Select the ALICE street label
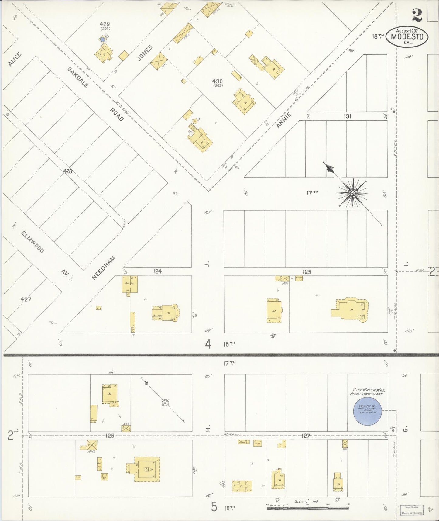(x=15, y=59)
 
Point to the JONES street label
(x=145, y=53)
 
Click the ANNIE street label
(x=284, y=120)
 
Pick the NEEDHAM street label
(x=103, y=267)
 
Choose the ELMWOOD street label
(x=33, y=242)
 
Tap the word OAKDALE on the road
(x=78, y=77)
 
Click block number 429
(x=105, y=24)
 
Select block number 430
(x=218, y=81)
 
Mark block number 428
(x=67, y=171)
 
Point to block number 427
(x=26, y=299)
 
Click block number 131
(x=348, y=116)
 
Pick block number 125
(x=307, y=272)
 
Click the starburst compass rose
(x=352, y=194)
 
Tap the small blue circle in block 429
(x=103, y=39)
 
